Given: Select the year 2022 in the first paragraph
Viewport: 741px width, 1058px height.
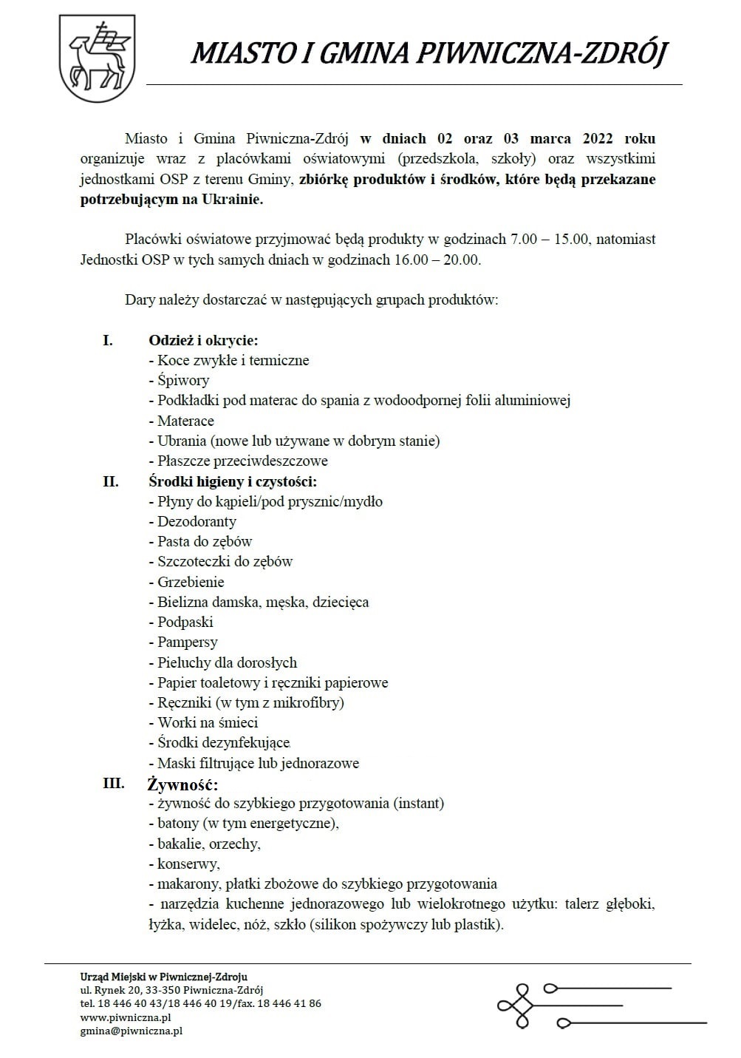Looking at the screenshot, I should point(598,139).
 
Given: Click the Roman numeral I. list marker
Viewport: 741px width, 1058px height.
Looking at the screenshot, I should point(108,340).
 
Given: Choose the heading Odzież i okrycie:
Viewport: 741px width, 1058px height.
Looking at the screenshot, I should point(203,340).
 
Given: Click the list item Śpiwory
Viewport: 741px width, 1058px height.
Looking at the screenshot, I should point(183,381).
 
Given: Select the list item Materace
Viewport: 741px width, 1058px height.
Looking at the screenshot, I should point(185,421).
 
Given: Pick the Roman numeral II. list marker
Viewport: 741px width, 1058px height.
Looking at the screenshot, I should point(111,481).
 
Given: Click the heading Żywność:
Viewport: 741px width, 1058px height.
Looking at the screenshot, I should point(183,784).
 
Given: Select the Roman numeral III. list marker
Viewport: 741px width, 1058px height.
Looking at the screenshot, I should point(113,783).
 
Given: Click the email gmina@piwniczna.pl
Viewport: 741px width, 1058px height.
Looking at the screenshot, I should point(132,1031).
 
